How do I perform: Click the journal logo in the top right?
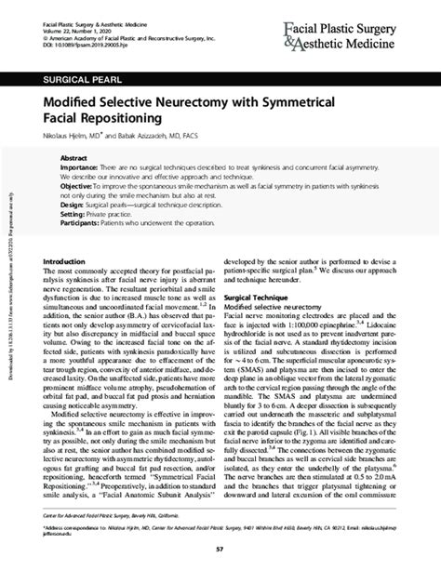pyautogui.click(x=357, y=25)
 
